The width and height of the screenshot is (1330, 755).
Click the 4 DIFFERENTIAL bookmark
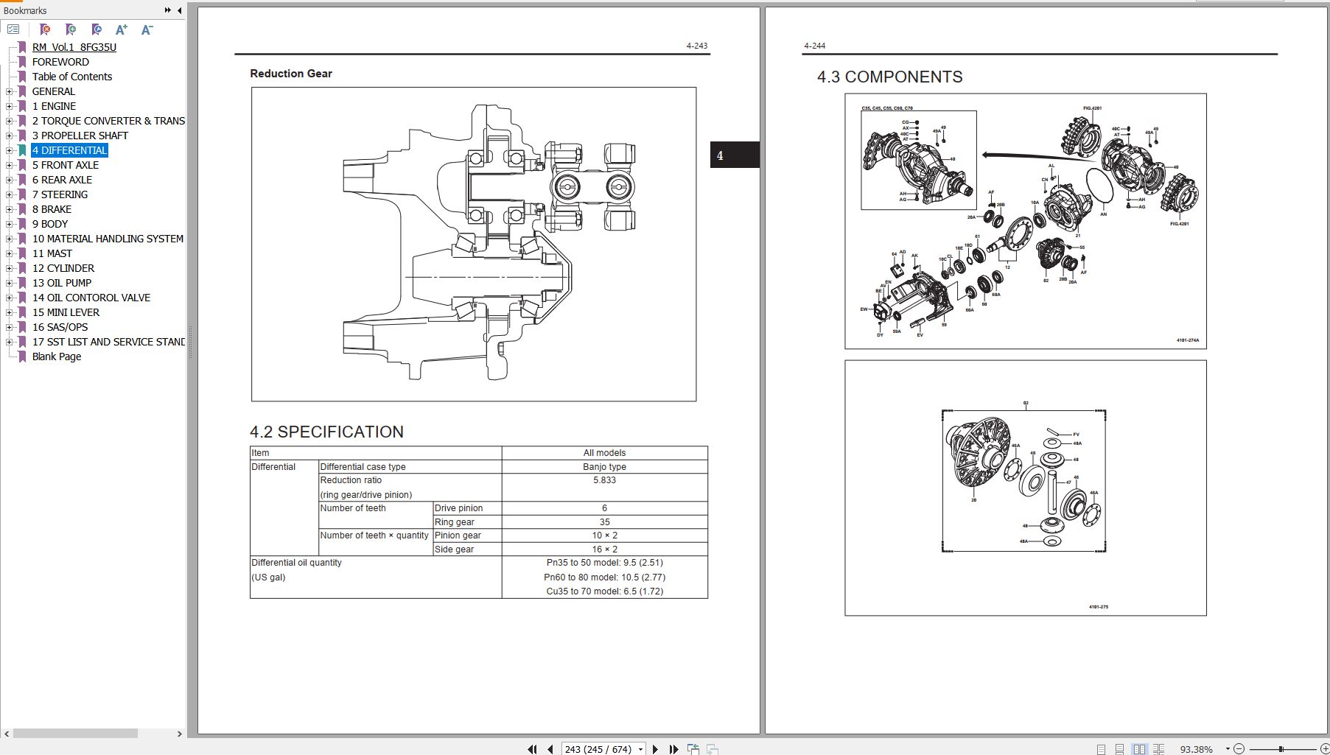tap(69, 150)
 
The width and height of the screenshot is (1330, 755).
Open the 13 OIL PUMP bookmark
tap(62, 283)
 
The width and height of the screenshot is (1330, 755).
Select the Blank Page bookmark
tap(57, 357)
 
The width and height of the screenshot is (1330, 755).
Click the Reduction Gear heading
tap(291, 74)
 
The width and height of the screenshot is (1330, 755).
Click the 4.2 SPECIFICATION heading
tap(326, 432)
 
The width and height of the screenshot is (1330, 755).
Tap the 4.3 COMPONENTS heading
tap(889, 77)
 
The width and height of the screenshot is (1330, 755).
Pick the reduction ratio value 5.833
tap(604, 480)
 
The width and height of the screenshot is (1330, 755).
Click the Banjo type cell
tap(604, 467)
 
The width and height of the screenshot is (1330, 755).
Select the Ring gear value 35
tap(604, 522)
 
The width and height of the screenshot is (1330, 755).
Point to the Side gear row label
tap(454, 549)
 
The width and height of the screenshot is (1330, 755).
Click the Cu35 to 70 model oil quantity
tap(604, 591)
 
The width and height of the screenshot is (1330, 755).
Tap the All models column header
tap(604, 453)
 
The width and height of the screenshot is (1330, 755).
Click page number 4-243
tap(696, 46)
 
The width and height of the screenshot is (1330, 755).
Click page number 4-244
tap(814, 46)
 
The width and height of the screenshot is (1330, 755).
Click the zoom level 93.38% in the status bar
tap(1196, 749)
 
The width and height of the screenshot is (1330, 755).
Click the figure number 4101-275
tap(1098, 607)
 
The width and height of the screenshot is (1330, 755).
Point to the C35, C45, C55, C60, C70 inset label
tap(886, 108)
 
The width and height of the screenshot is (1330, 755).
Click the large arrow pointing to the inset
tap(1024, 155)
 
